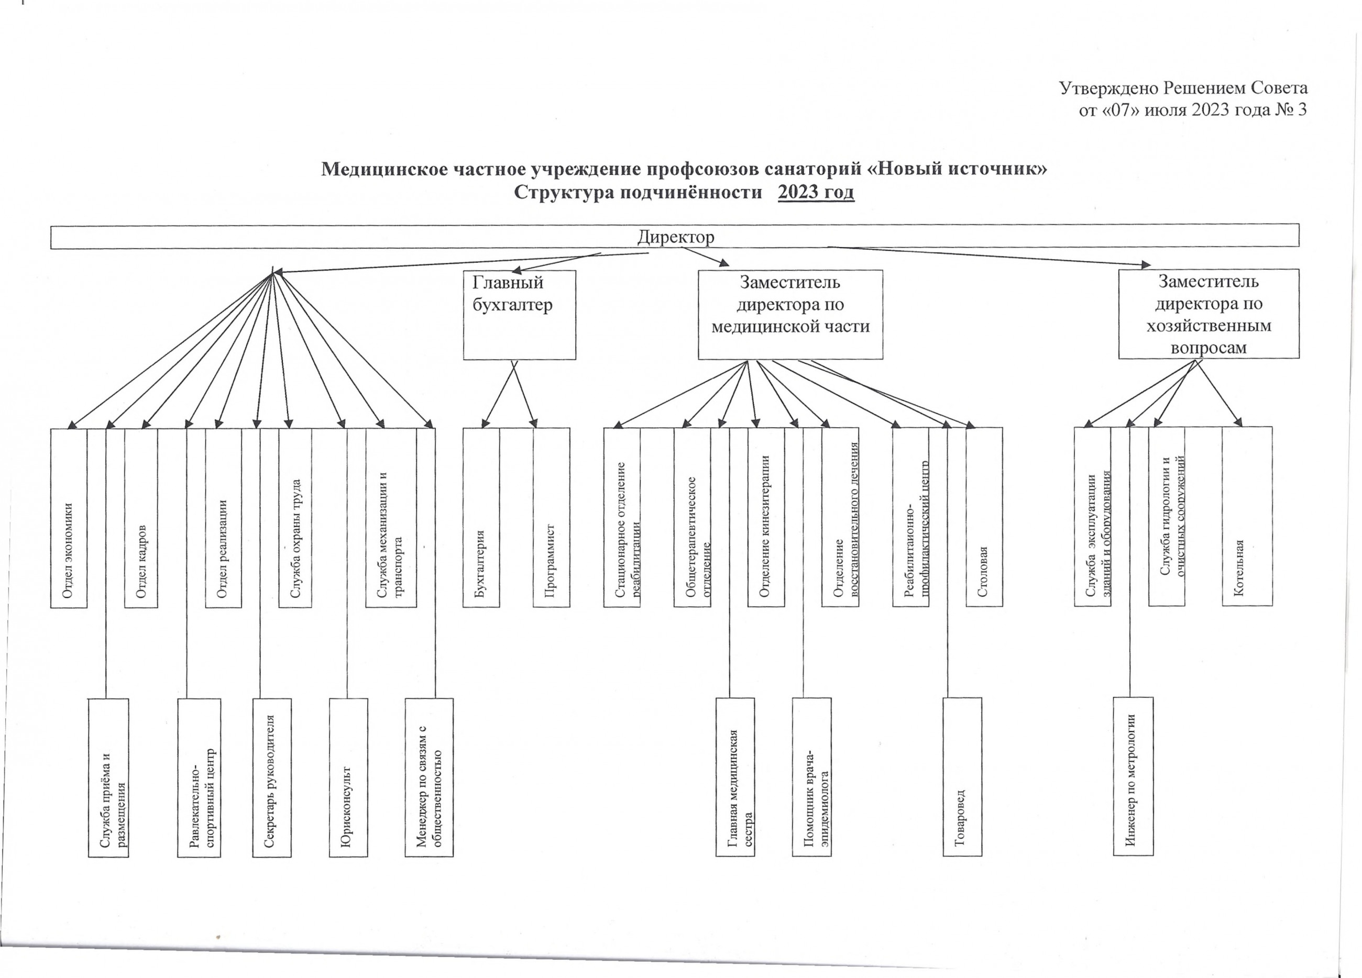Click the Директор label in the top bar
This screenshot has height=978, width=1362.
pyautogui.click(x=676, y=237)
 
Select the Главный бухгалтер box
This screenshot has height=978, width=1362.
pyautogui.click(x=520, y=315)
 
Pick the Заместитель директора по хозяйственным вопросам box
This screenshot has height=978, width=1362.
pyautogui.click(x=1209, y=314)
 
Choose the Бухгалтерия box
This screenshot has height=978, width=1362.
pyautogui.click(x=481, y=517)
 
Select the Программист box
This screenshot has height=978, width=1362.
pyautogui.click(x=551, y=517)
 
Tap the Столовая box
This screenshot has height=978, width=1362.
pyautogui.click(x=984, y=517)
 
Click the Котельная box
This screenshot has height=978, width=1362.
pyautogui.click(x=1247, y=516)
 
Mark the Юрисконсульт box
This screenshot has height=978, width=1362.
pyautogui.click(x=348, y=777)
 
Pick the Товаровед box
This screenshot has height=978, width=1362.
pyautogui.click(x=963, y=777)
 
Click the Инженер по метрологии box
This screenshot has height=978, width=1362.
pyautogui.click(x=1133, y=776)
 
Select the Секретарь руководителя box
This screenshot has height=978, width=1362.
pyautogui.click(x=272, y=777)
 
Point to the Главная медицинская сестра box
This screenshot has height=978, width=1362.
pyautogui.click(x=735, y=777)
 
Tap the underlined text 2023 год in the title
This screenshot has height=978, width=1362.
pyautogui.click(x=816, y=193)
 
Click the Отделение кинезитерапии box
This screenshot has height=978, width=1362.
pyautogui.click(x=766, y=517)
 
